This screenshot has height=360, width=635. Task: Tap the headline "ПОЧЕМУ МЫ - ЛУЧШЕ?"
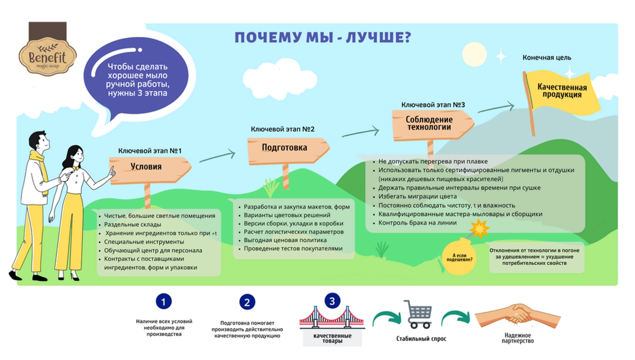pos(323,37)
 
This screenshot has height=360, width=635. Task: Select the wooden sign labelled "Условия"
pos(150,171)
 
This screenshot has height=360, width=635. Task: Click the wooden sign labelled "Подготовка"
pos(288,152)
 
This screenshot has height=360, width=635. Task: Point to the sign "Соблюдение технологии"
pos(433,125)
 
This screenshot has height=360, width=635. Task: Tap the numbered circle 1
pos(164,301)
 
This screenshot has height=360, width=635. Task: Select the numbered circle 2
pos(247,302)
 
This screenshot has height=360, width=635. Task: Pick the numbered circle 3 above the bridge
pos(332,301)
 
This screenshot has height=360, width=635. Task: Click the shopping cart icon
pos(418,314)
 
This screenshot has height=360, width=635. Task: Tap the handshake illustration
pos(518,316)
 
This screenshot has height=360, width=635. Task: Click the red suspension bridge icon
pos(332,318)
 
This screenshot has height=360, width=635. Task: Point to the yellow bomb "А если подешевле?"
pos(459,257)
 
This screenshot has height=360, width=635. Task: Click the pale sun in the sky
pos(474,54)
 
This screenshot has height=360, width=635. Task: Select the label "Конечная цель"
pos(547,58)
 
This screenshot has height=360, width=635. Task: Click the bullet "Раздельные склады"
pos(133,225)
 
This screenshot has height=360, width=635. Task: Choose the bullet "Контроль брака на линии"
pos(417,223)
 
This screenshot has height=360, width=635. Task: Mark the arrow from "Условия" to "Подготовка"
pos(217,157)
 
